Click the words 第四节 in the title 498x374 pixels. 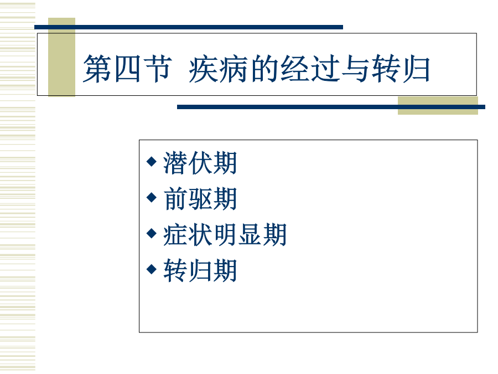(127, 68)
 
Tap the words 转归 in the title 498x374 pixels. (401, 68)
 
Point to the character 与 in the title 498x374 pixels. (356, 68)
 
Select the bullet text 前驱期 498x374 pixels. (200, 199)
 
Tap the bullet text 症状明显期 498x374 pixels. (225, 235)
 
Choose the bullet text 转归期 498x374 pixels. (200, 270)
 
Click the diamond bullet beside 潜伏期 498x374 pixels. (152, 161)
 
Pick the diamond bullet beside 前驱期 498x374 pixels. (152, 197)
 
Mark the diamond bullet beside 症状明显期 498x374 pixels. (152, 233)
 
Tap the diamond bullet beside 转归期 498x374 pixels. (152, 269)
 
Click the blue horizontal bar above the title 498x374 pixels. (189, 27)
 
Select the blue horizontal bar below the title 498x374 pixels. (331, 107)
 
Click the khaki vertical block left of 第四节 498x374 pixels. (61, 57)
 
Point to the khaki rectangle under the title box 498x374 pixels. (438, 106)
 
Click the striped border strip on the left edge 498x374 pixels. (18, 187)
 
